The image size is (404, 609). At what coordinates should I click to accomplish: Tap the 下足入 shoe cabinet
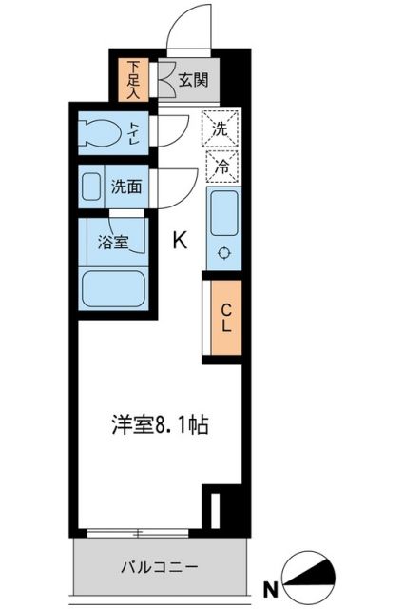pos(135,81)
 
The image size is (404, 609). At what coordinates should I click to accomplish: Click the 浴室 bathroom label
pos(113,242)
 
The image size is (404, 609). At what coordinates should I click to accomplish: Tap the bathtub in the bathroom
pos(112,286)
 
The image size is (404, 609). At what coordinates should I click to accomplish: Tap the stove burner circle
pos(224,253)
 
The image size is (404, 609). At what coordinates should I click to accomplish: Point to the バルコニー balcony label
pos(159,567)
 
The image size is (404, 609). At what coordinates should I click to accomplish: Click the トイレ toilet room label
pos(136,132)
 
